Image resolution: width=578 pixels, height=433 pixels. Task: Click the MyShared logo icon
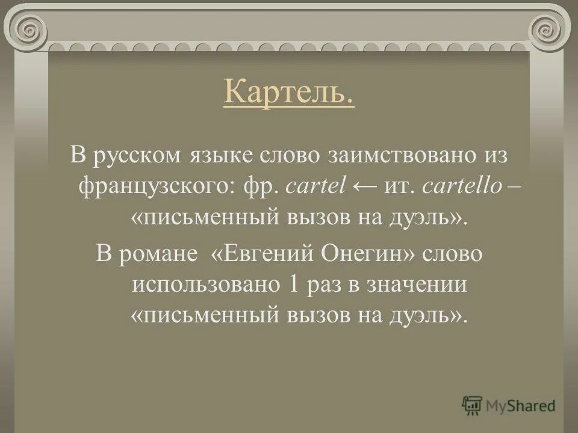pos(472,405)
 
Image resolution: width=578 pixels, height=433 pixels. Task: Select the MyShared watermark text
pos(521,406)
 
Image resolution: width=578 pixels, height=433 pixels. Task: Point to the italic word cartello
pos(462,186)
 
